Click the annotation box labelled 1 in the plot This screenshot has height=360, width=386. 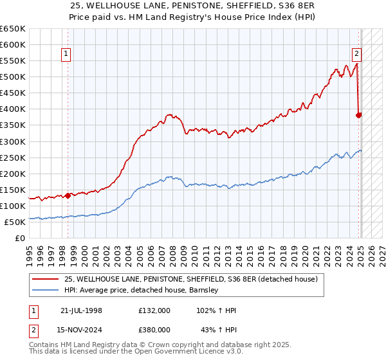(68, 55)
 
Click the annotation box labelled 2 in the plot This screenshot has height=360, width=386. (356, 55)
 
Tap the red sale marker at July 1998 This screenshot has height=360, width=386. (68, 195)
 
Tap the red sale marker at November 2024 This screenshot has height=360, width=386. (359, 116)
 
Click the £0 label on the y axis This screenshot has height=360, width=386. (21, 238)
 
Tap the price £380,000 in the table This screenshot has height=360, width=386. (154, 330)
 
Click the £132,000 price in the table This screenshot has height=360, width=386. (154, 310)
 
